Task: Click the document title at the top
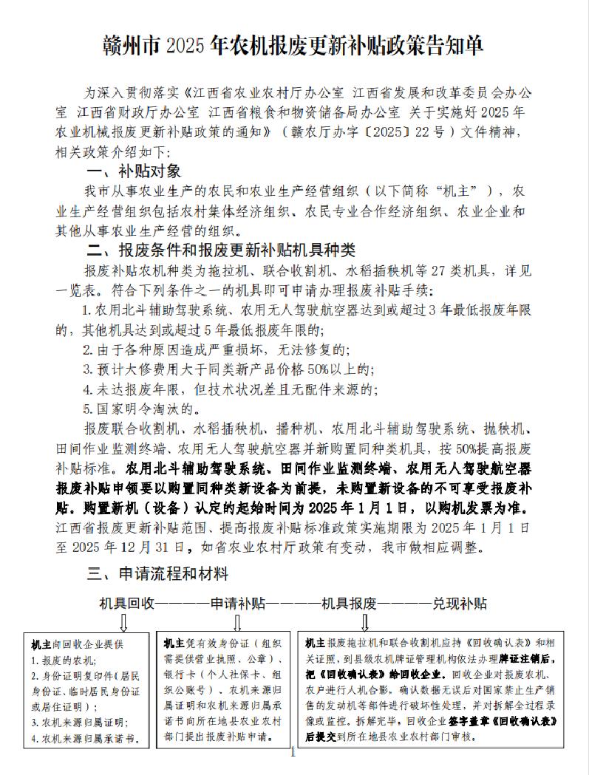tap(293, 47)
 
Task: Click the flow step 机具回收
tap(127, 603)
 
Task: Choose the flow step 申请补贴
tap(238, 603)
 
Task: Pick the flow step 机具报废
tap(347, 603)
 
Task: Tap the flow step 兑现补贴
tap(460, 603)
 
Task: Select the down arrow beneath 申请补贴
tap(237, 621)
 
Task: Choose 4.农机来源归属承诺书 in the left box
tap(86, 738)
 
